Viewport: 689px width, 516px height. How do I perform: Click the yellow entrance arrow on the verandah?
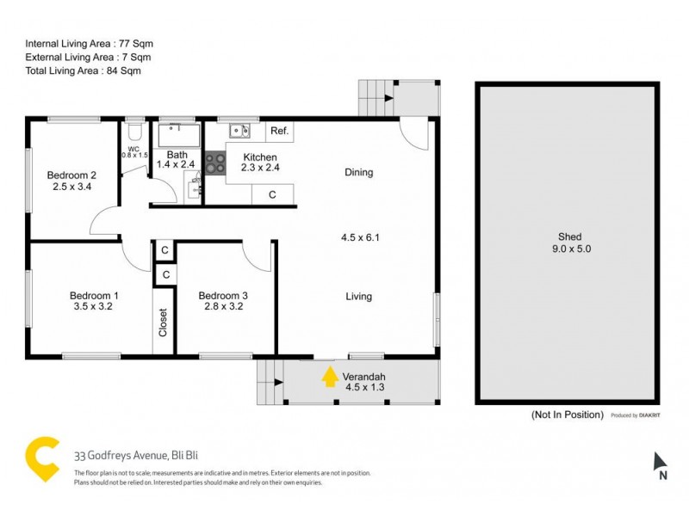(330, 378)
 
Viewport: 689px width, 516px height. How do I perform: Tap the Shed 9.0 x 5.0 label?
(569, 243)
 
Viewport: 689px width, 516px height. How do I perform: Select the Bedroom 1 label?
(94, 302)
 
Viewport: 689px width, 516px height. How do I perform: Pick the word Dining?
(359, 172)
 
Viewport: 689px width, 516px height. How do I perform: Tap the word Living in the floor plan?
(359, 297)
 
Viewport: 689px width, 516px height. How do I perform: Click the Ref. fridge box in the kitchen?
(279, 132)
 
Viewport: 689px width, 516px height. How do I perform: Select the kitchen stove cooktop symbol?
(215, 163)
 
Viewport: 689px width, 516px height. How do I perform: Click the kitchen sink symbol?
(239, 132)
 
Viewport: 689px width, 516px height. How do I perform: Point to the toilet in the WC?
(133, 133)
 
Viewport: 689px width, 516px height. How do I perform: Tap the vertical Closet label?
(163, 322)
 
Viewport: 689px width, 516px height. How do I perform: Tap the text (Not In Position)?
(568, 415)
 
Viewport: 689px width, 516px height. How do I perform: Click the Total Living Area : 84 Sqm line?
(83, 71)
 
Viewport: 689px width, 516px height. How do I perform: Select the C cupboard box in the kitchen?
(272, 195)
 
